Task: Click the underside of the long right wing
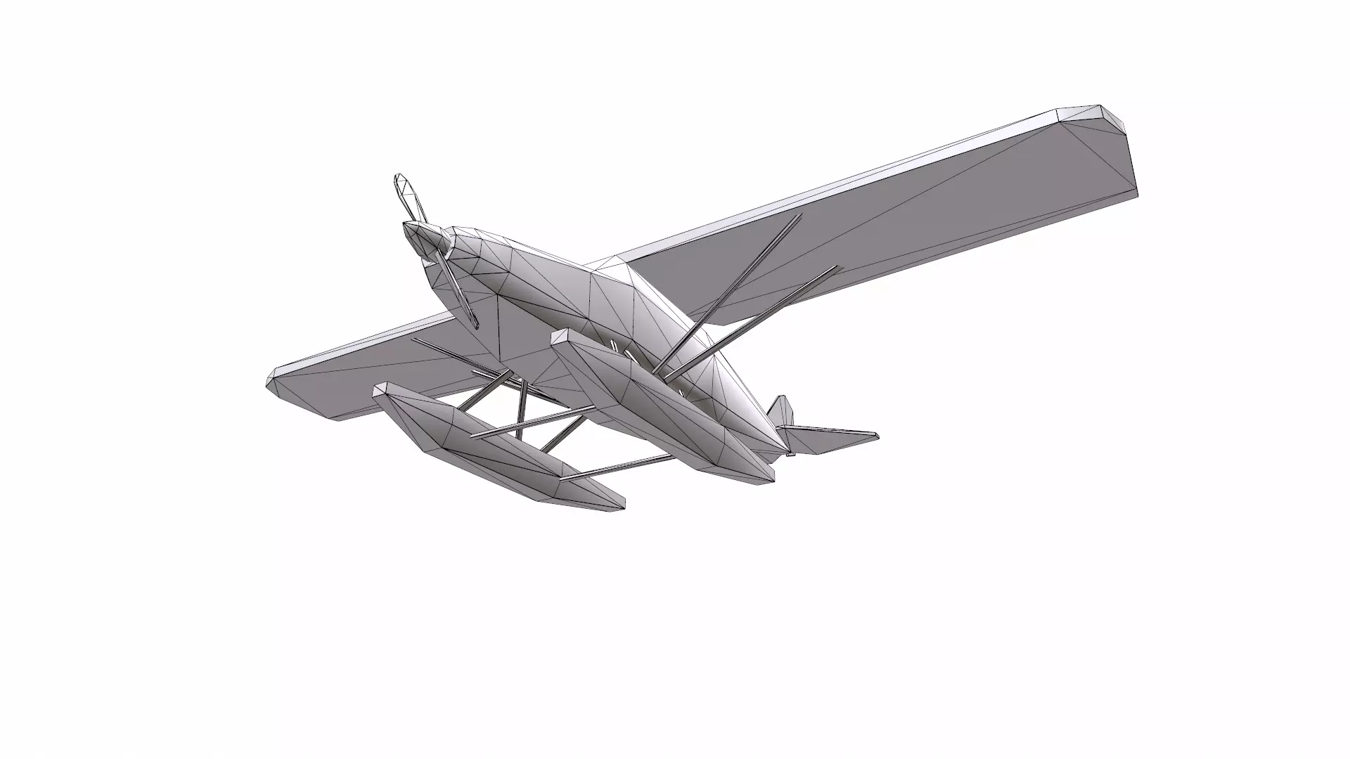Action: (914, 232)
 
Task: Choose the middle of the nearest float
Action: (492, 450)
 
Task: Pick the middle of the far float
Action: (661, 408)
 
